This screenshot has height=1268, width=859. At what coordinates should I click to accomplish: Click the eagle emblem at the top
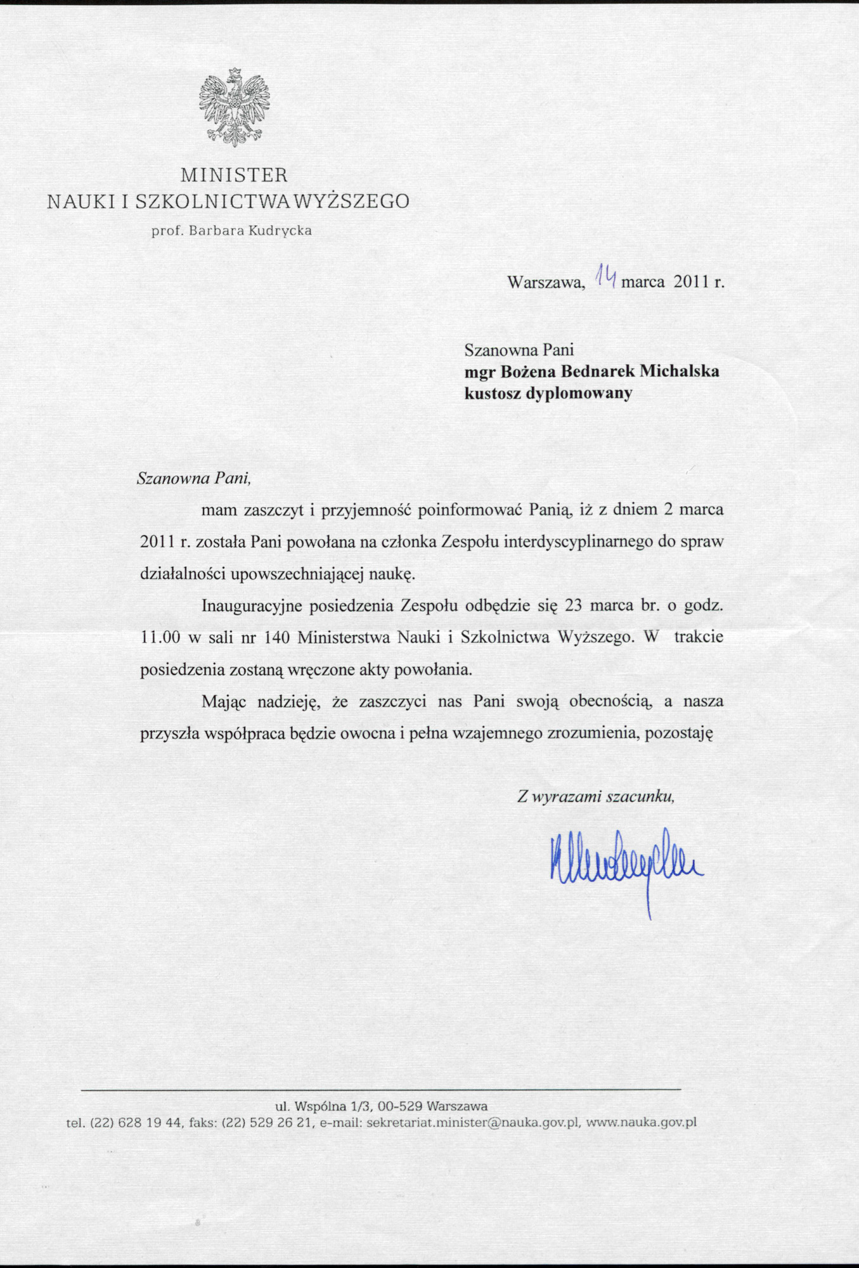pyautogui.click(x=234, y=107)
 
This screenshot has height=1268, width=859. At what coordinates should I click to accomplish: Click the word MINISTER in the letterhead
pyautogui.click(x=234, y=174)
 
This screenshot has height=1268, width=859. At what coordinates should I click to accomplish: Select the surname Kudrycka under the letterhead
pyautogui.click(x=280, y=231)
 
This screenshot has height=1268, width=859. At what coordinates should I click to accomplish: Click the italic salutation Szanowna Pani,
pyautogui.click(x=194, y=477)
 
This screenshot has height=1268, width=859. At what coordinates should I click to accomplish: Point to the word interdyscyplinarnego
pyautogui.click(x=565, y=542)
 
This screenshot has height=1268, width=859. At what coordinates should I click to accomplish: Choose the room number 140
pyautogui.click(x=276, y=638)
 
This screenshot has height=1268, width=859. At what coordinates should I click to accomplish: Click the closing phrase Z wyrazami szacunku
pyautogui.click(x=595, y=797)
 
